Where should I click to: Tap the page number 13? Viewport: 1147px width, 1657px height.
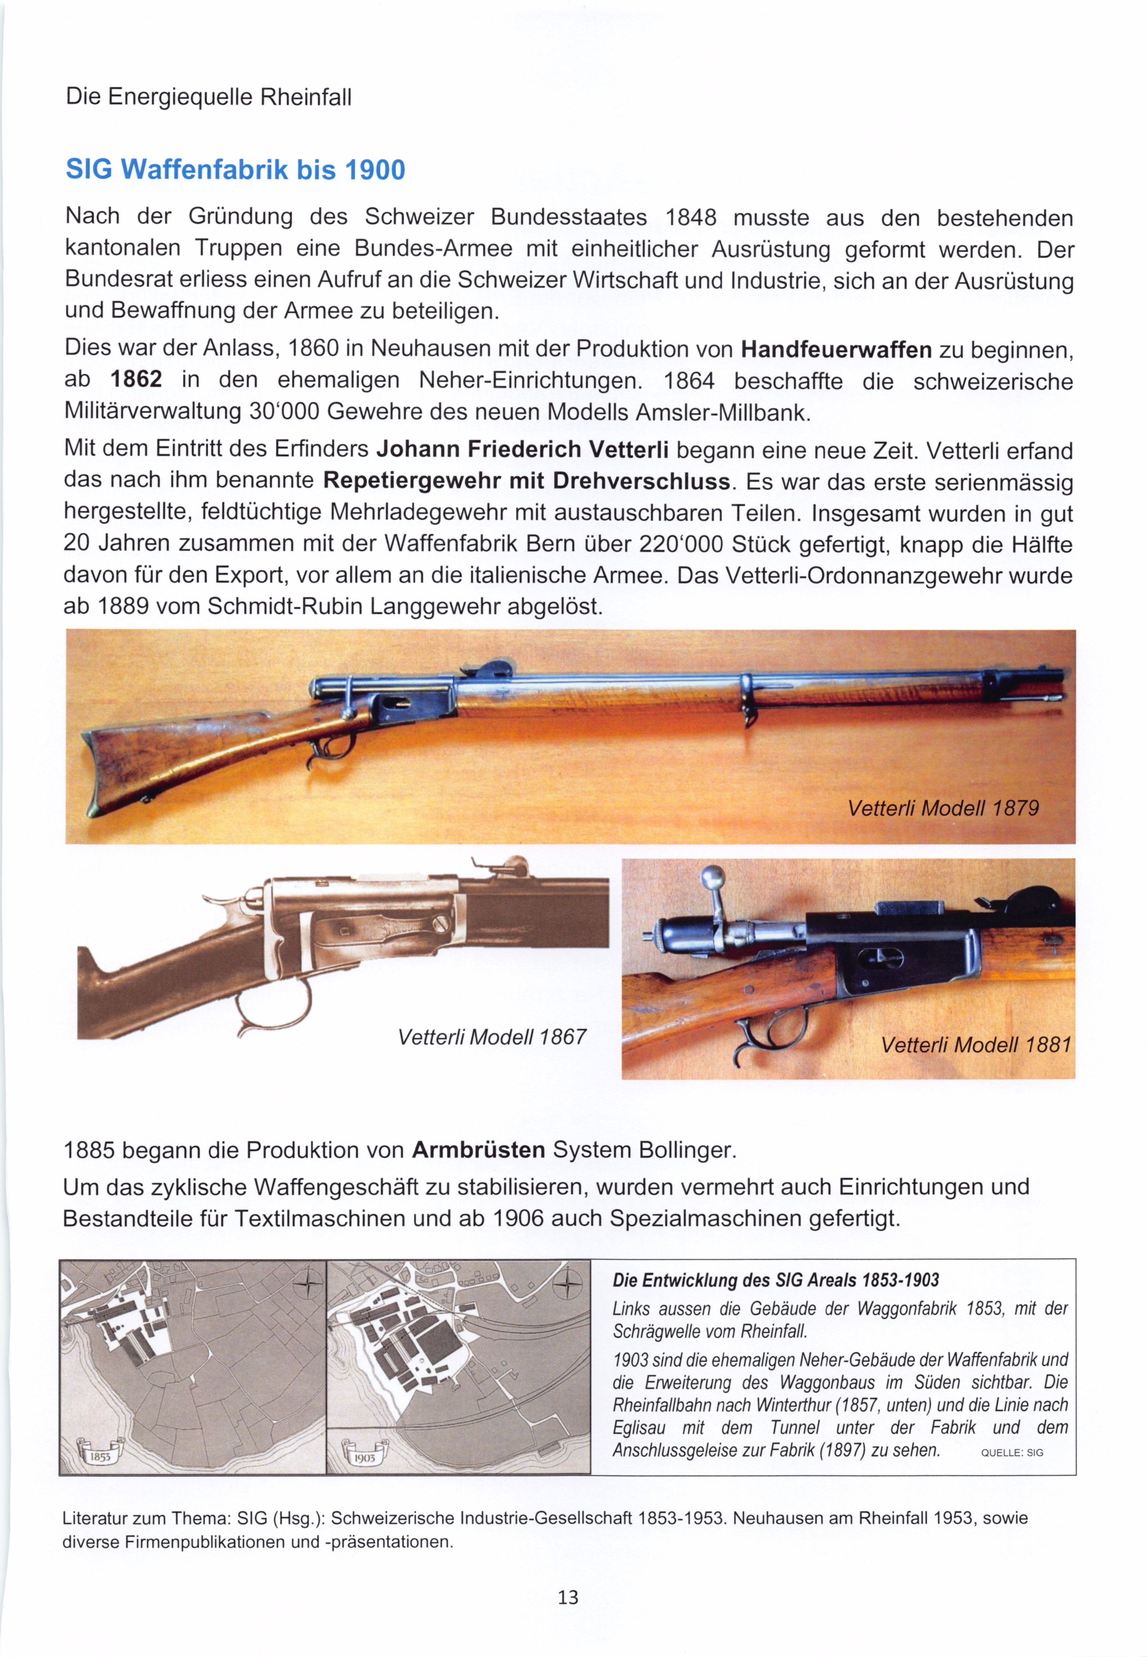point(568,1597)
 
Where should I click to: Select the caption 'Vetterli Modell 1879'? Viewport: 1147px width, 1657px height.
point(943,808)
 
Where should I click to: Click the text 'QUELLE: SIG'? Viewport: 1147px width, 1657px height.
point(1011,1452)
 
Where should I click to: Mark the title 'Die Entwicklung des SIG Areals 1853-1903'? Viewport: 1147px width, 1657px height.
point(775,1280)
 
